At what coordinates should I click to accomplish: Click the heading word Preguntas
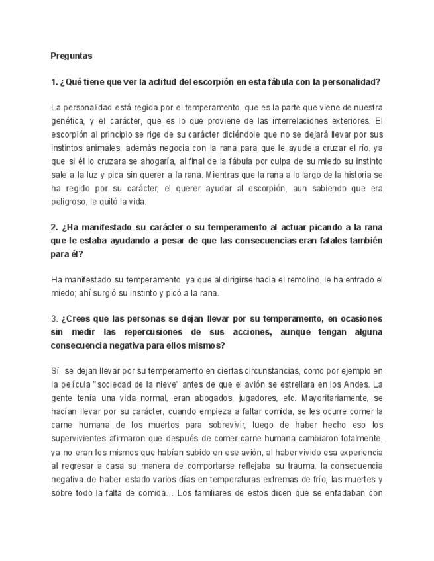[71, 56]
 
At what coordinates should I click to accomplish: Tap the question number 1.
[54, 82]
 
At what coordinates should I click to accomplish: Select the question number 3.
[54, 318]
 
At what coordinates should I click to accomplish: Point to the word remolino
[268, 280]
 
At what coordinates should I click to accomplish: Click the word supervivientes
[79, 438]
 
